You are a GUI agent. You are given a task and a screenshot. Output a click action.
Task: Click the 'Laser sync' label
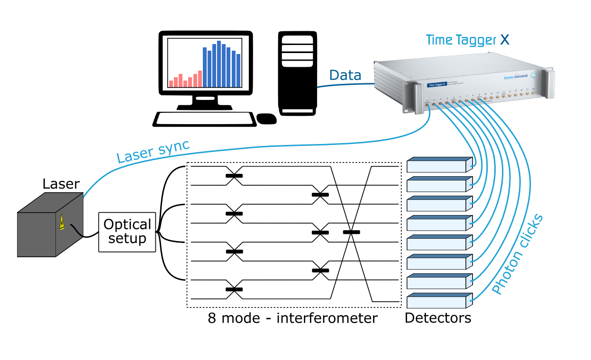tap(154, 151)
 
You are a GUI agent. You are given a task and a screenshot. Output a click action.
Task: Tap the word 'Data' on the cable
tap(345, 75)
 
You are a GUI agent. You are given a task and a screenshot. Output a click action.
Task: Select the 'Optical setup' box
tap(127, 232)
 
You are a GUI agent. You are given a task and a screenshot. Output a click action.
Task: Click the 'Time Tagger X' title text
tap(467, 40)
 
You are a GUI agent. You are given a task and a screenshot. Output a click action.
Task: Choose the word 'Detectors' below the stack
tap(438, 318)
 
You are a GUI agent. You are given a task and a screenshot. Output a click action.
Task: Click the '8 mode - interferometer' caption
tap(292, 318)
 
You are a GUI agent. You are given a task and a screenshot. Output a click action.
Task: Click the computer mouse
tap(266, 119)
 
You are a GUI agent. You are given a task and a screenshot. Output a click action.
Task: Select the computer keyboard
tap(204, 119)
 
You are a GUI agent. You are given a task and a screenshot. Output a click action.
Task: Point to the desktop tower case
tap(297, 73)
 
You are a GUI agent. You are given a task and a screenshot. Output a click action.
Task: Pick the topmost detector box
tap(439, 164)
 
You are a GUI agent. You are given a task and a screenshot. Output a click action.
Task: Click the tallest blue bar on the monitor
tap(219, 64)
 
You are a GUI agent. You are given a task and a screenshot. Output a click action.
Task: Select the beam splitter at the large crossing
tap(351, 232)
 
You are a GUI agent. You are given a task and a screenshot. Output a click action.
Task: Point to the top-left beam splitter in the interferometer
tap(234, 176)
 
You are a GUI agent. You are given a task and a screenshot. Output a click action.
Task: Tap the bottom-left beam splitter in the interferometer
tap(234, 289)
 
